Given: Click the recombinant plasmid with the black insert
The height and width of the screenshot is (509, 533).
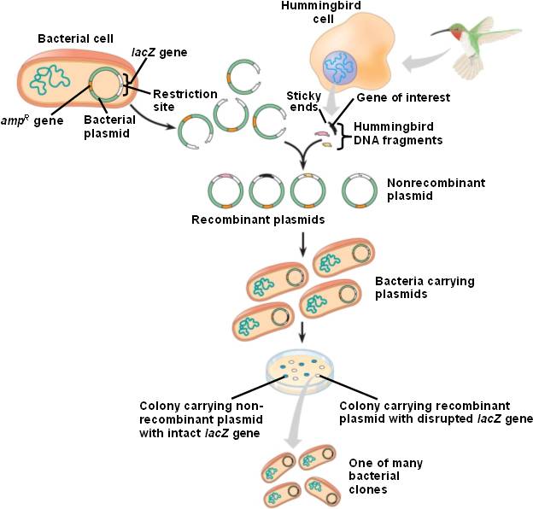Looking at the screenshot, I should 266,191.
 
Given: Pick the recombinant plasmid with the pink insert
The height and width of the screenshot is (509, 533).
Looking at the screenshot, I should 226,191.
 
